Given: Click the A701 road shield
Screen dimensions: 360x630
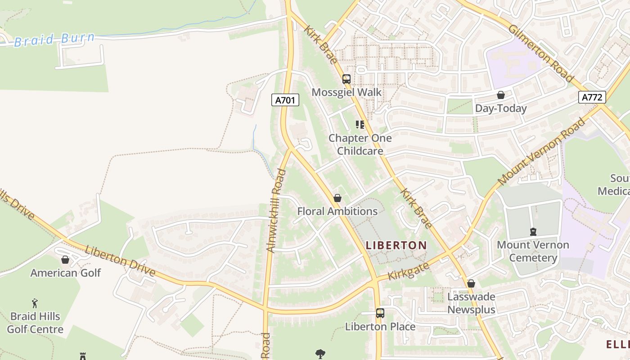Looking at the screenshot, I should pos(285,100).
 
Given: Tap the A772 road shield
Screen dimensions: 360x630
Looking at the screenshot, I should pos(592,97).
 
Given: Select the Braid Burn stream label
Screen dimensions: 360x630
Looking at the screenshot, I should pos(54,39).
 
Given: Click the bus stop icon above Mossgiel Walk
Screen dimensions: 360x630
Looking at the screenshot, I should pos(346,79).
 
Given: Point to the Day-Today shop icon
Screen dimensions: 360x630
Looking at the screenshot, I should pos(500,95).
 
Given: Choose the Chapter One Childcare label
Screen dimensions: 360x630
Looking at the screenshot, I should pos(360,144).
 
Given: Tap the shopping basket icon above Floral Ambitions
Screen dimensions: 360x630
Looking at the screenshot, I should pos(337,198).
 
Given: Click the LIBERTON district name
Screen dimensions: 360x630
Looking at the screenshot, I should pos(396,245).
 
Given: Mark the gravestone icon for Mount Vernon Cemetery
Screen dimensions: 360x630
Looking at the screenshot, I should pos(533,232).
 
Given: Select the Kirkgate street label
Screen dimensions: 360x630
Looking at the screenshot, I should pos(408,271).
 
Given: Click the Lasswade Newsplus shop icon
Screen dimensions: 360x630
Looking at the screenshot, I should pos(471,283).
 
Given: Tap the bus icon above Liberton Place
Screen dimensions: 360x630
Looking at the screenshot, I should pos(380,313).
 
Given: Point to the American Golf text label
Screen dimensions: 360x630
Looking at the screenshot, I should pos(66,273).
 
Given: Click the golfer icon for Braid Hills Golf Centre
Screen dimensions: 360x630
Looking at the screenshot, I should pos(35,303).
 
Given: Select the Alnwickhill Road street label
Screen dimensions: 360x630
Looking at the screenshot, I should pos(276,211).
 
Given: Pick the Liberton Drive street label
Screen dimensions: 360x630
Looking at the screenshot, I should pos(120,261).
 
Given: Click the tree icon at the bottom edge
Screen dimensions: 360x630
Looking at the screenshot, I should pos(320,354).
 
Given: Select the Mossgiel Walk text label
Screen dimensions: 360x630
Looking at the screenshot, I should pos(346,92).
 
